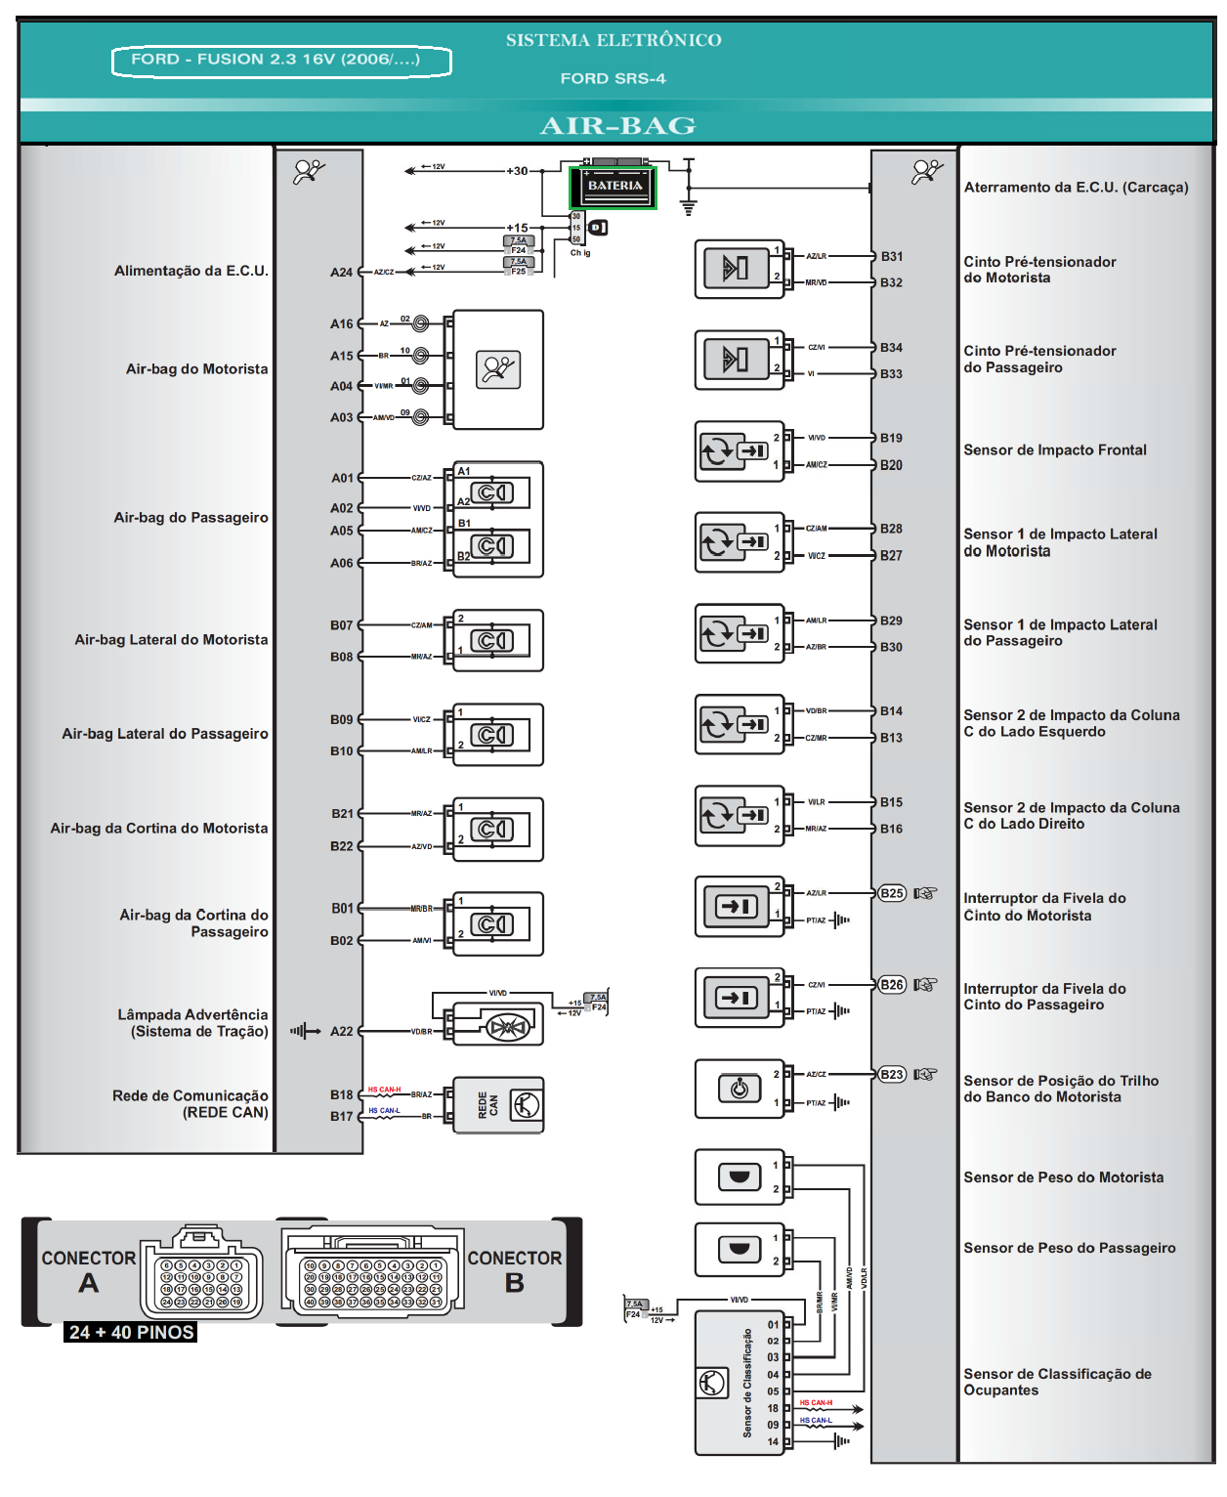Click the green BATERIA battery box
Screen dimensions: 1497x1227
coord(613,187)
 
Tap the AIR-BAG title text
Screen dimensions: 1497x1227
coord(617,126)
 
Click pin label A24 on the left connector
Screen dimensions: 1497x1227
coord(341,273)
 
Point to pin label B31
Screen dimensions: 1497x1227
coord(891,257)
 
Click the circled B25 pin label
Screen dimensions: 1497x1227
coord(891,893)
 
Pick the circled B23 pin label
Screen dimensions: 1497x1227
coord(891,1075)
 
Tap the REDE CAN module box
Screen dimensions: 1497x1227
coord(498,1105)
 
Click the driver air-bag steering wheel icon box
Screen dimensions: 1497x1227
coord(498,369)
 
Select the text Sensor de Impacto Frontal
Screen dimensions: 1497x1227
coord(1055,450)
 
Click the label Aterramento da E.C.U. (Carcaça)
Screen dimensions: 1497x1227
coord(1076,188)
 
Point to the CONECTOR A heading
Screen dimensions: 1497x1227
coord(89,1270)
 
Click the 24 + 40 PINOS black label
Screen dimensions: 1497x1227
coord(132,1333)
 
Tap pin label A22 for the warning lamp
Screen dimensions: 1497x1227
coord(341,1032)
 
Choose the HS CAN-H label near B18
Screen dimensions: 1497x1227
coord(384,1090)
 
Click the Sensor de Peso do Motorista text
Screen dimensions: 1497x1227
coord(1063,1178)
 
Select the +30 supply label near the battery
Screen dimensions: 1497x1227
coord(517,171)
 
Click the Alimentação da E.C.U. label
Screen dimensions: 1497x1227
coord(190,272)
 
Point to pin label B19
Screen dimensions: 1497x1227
coord(891,439)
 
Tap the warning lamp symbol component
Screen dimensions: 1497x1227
coord(507,1027)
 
